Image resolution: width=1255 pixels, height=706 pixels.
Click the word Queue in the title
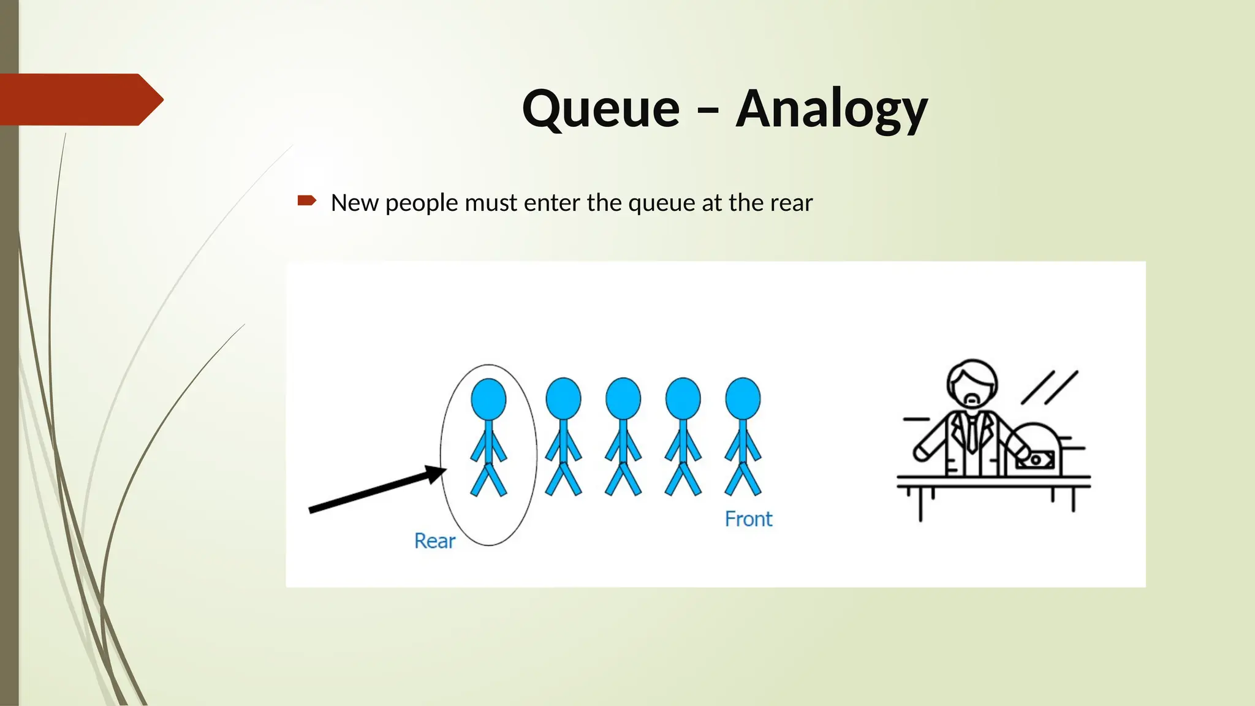601,109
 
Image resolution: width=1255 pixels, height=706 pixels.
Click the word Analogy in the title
832,109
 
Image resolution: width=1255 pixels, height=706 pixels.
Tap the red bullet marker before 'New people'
306,200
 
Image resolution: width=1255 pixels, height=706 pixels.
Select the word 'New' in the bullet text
354,203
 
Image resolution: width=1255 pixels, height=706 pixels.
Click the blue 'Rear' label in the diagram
434,541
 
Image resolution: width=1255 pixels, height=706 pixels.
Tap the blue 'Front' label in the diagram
748,519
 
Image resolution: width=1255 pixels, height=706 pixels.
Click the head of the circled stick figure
488,399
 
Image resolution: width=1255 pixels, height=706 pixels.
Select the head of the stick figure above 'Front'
743,399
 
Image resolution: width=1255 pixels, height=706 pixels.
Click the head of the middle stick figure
623,399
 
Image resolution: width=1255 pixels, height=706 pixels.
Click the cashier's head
972,383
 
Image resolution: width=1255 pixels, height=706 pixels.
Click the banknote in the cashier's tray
1036,460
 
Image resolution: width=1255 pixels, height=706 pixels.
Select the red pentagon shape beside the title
80,99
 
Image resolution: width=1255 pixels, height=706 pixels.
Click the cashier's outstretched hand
921,452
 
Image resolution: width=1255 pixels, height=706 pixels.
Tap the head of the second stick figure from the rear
563,399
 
